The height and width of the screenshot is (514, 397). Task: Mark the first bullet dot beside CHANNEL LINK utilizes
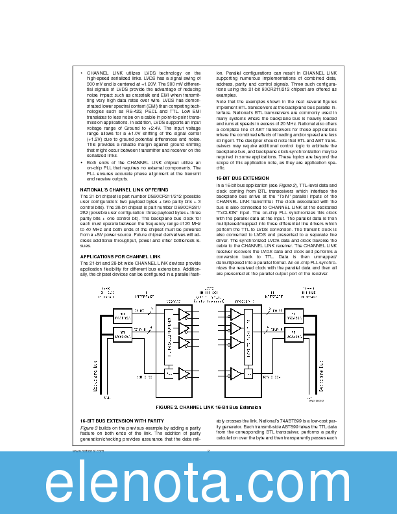82,73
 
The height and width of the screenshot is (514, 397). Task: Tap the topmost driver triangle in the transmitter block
185,314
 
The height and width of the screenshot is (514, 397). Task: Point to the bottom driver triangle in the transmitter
185,373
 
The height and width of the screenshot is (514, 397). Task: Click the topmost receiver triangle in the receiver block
235,314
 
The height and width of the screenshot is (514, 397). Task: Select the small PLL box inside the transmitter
170,373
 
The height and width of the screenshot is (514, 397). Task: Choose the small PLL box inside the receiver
250,373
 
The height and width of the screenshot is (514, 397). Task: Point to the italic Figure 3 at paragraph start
88,428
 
